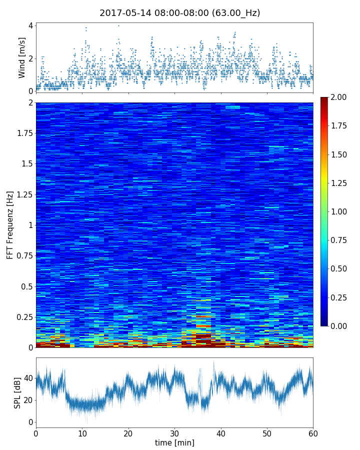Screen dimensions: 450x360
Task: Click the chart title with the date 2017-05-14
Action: pyautogui.click(x=180, y=13)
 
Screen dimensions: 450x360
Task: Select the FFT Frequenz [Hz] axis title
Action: pyautogui.click(x=10, y=225)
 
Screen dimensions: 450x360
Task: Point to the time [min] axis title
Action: pyautogui.click(x=174, y=442)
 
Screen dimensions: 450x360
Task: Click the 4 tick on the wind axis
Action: pyautogui.click(x=31, y=25)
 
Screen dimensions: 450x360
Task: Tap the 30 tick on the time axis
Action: pyautogui.click(x=174, y=433)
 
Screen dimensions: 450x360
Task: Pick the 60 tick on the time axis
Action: pyautogui.click(x=313, y=433)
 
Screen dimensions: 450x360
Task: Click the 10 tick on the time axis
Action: pyautogui.click(x=82, y=433)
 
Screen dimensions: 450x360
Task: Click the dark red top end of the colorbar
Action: pyautogui.click(x=324, y=99)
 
